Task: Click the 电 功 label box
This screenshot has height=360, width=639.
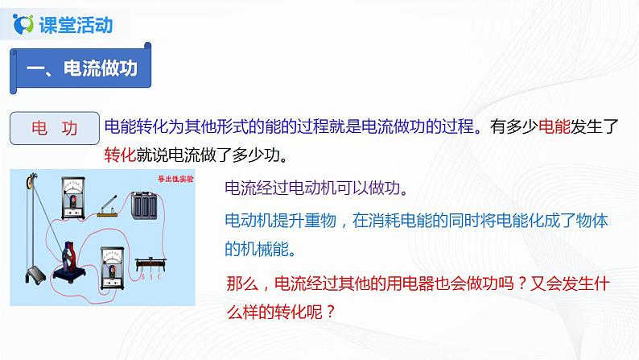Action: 55,128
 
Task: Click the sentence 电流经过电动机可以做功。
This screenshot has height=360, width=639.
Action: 317,190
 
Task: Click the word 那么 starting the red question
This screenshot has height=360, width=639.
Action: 244,283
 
